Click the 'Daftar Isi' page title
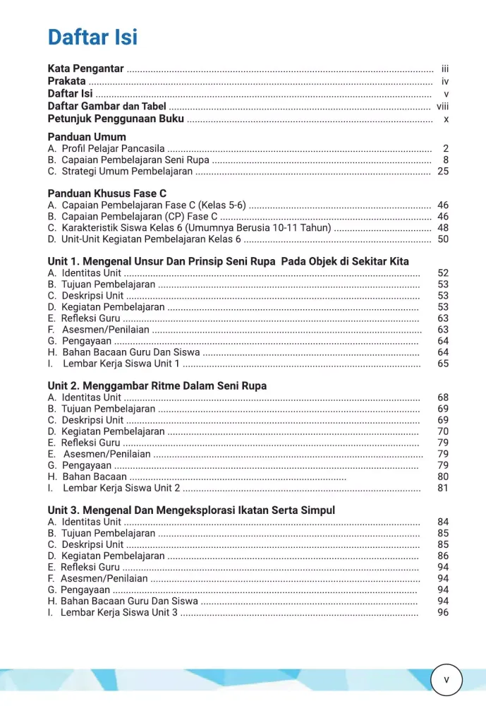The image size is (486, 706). click(92, 37)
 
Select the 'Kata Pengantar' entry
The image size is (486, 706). click(85, 68)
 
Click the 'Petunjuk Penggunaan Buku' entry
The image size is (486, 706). click(116, 119)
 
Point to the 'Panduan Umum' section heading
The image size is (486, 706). click(87, 136)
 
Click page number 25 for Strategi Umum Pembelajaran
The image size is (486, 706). click(443, 171)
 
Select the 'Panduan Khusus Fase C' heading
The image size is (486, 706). click(107, 193)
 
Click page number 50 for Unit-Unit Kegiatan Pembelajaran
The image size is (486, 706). click(443, 239)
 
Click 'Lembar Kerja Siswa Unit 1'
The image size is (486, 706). click(121, 364)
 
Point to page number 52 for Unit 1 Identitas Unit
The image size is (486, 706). click(443, 273)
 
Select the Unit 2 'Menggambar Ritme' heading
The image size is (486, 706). click(157, 385)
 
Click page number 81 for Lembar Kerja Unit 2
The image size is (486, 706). click(443, 488)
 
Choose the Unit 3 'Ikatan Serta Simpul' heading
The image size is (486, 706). click(191, 510)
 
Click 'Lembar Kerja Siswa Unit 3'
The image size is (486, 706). click(119, 612)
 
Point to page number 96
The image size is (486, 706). click(443, 612)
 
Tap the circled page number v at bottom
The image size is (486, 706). click(446, 680)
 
